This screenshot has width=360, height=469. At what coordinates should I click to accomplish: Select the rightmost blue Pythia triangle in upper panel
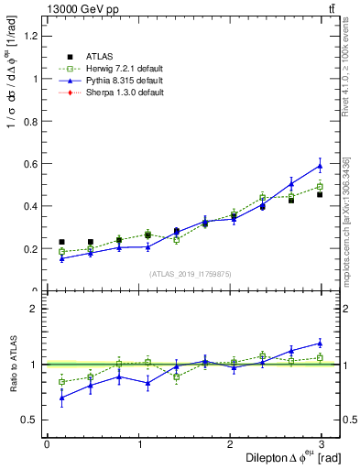click(x=320, y=166)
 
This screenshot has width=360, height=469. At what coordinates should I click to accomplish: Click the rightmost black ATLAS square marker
click(x=320, y=194)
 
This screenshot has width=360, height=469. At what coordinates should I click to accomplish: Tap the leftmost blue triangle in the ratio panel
click(x=61, y=398)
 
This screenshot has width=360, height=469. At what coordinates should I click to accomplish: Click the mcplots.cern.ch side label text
click(x=346, y=220)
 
